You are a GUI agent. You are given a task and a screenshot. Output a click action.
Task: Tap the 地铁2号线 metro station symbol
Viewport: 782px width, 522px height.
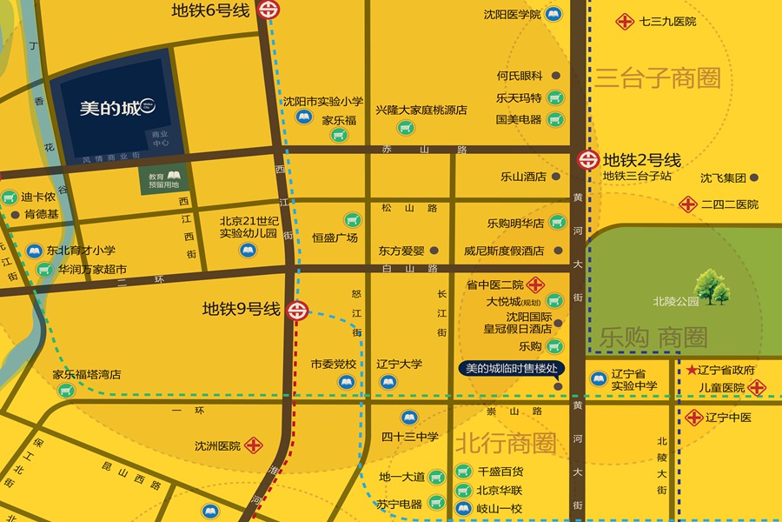588,159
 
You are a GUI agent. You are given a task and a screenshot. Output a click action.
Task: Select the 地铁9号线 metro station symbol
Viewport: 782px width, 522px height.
297,309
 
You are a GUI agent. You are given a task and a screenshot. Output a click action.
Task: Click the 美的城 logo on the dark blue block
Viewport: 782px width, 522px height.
116,109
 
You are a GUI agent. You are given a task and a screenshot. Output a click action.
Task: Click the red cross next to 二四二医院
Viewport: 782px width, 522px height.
688,204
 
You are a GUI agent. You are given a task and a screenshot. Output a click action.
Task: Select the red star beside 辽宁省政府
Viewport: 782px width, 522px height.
692,370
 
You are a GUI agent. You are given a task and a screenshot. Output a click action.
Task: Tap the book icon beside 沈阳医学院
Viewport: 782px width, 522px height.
553,14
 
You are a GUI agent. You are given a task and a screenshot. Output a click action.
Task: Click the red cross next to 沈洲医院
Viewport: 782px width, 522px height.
255,445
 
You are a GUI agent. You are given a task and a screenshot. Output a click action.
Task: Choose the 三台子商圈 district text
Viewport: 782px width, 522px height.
658,78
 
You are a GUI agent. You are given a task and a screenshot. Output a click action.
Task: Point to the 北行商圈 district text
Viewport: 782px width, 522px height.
505,443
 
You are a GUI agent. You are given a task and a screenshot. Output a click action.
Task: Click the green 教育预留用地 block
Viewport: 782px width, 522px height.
163,179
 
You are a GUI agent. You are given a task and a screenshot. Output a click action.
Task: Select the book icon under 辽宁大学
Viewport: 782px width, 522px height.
388,380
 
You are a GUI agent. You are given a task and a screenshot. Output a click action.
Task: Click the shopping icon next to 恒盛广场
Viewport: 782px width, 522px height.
352,220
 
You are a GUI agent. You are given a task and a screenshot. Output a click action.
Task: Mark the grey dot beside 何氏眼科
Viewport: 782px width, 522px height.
555,76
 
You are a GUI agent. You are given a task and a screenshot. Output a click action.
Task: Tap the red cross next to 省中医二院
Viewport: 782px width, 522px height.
536,284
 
